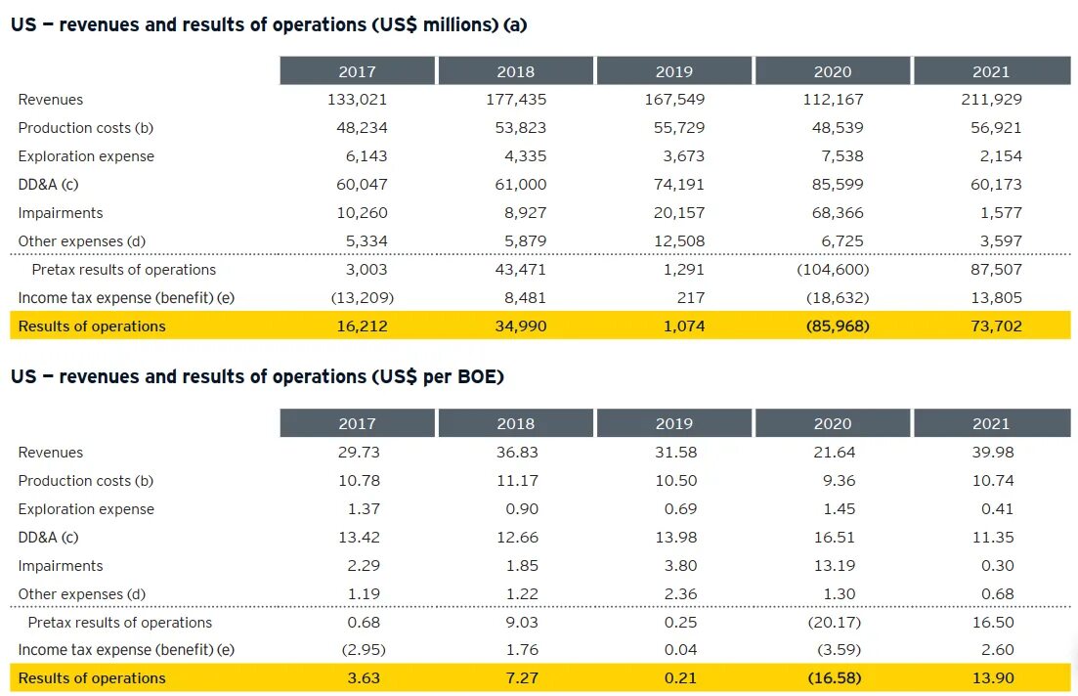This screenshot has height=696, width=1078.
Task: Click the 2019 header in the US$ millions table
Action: click(x=674, y=71)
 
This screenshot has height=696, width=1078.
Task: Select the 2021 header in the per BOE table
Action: click(x=991, y=423)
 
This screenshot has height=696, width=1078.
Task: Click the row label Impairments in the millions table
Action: click(x=61, y=212)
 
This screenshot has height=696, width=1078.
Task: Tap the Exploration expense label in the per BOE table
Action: click(x=86, y=508)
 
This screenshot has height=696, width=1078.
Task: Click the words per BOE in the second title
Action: click(x=454, y=376)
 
